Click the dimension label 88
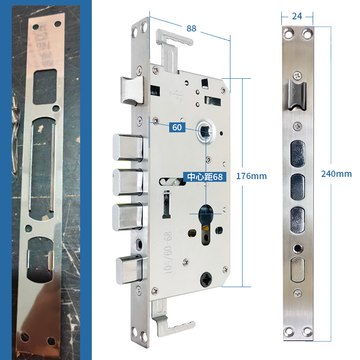pyautogui.click(x=192, y=28)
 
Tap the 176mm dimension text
pyautogui.click(x=255, y=176)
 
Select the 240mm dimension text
pyautogui.click(x=336, y=174)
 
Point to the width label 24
pyautogui.click(x=297, y=16)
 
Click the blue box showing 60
pyautogui.click(x=177, y=128)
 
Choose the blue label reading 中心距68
pyautogui.click(x=205, y=176)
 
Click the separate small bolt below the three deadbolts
pyautogui.click(x=130, y=269)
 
